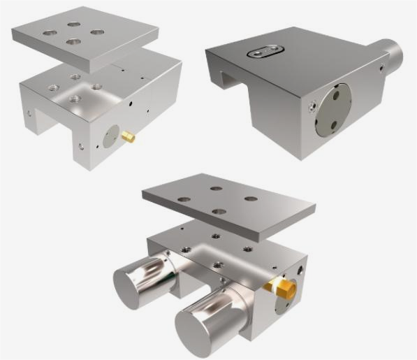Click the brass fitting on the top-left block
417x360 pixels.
tap(129, 137)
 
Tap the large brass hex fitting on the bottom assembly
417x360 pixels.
tap(284, 289)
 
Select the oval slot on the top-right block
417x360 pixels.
tap(265, 50)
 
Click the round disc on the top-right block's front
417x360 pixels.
tap(332, 110)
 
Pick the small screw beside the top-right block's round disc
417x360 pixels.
tap(312, 105)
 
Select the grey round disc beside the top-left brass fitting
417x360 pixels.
tap(111, 137)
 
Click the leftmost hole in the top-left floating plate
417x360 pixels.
tap(50, 32)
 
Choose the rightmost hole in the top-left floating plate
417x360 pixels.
tap(97, 32)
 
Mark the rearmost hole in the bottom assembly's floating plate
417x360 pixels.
tap(216, 188)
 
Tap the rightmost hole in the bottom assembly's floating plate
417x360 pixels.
tap(251, 199)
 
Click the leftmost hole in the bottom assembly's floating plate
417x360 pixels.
tap(184, 199)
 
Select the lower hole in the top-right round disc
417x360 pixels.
tap(334, 125)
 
